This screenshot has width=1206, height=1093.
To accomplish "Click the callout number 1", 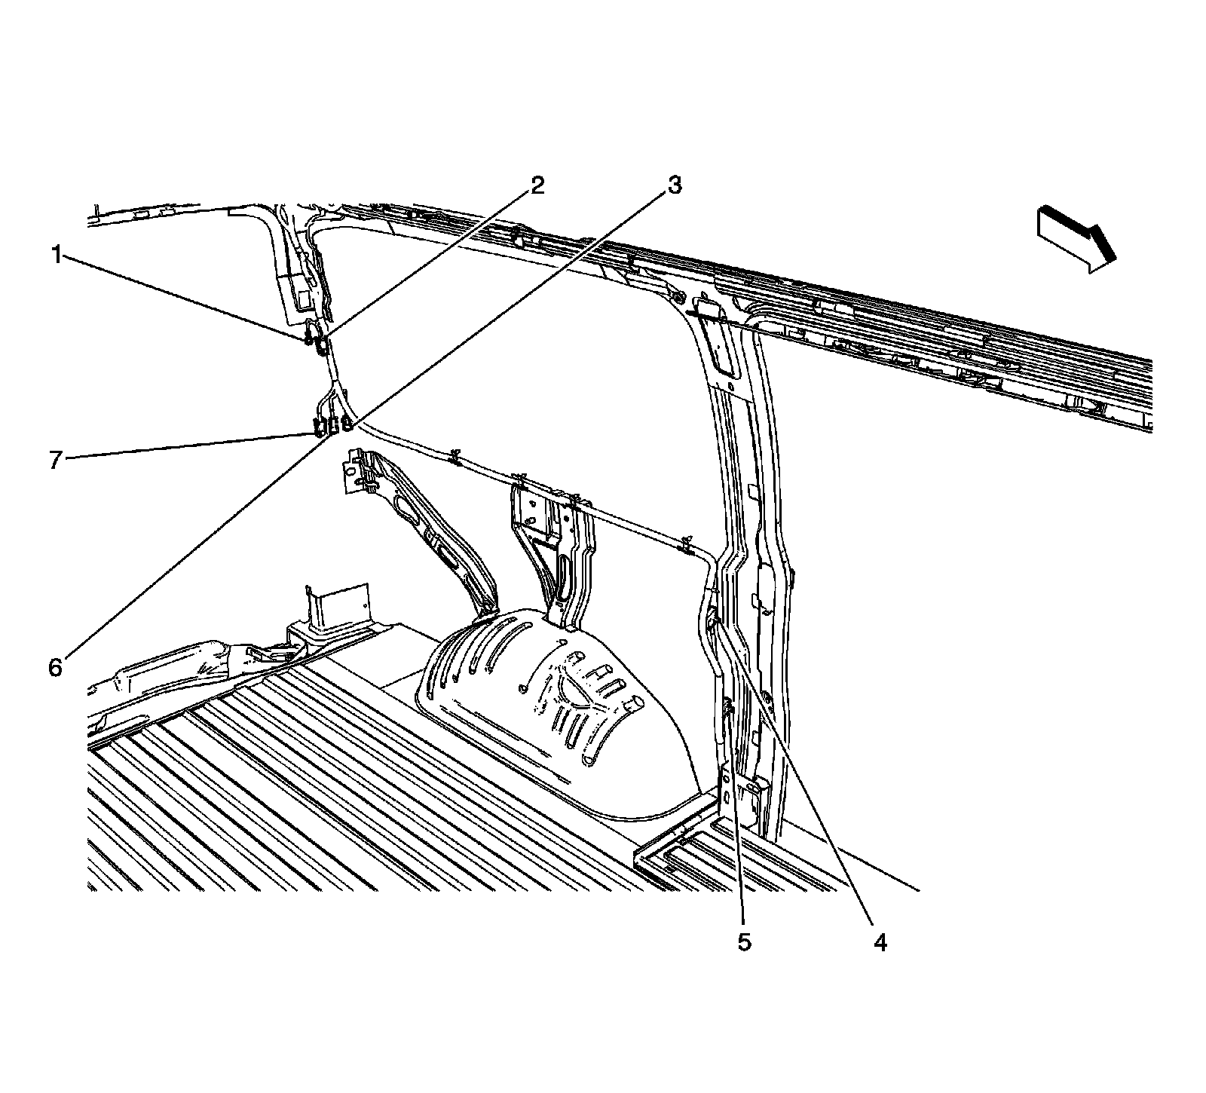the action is [56, 256].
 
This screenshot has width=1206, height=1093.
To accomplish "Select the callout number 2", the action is [537, 185].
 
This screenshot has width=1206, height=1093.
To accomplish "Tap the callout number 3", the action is [674, 185].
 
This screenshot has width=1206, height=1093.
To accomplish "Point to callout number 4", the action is [880, 941].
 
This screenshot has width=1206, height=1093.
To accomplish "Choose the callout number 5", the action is [745, 942].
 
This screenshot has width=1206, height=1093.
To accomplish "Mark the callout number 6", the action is [56, 668].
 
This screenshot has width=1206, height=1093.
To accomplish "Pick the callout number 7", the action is [56, 460].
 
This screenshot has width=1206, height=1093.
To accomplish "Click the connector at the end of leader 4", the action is [712, 620].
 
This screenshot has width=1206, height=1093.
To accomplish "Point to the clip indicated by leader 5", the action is [728, 709].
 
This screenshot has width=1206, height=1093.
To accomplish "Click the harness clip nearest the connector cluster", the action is [455, 457].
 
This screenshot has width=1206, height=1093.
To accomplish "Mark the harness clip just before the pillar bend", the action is [685, 542].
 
